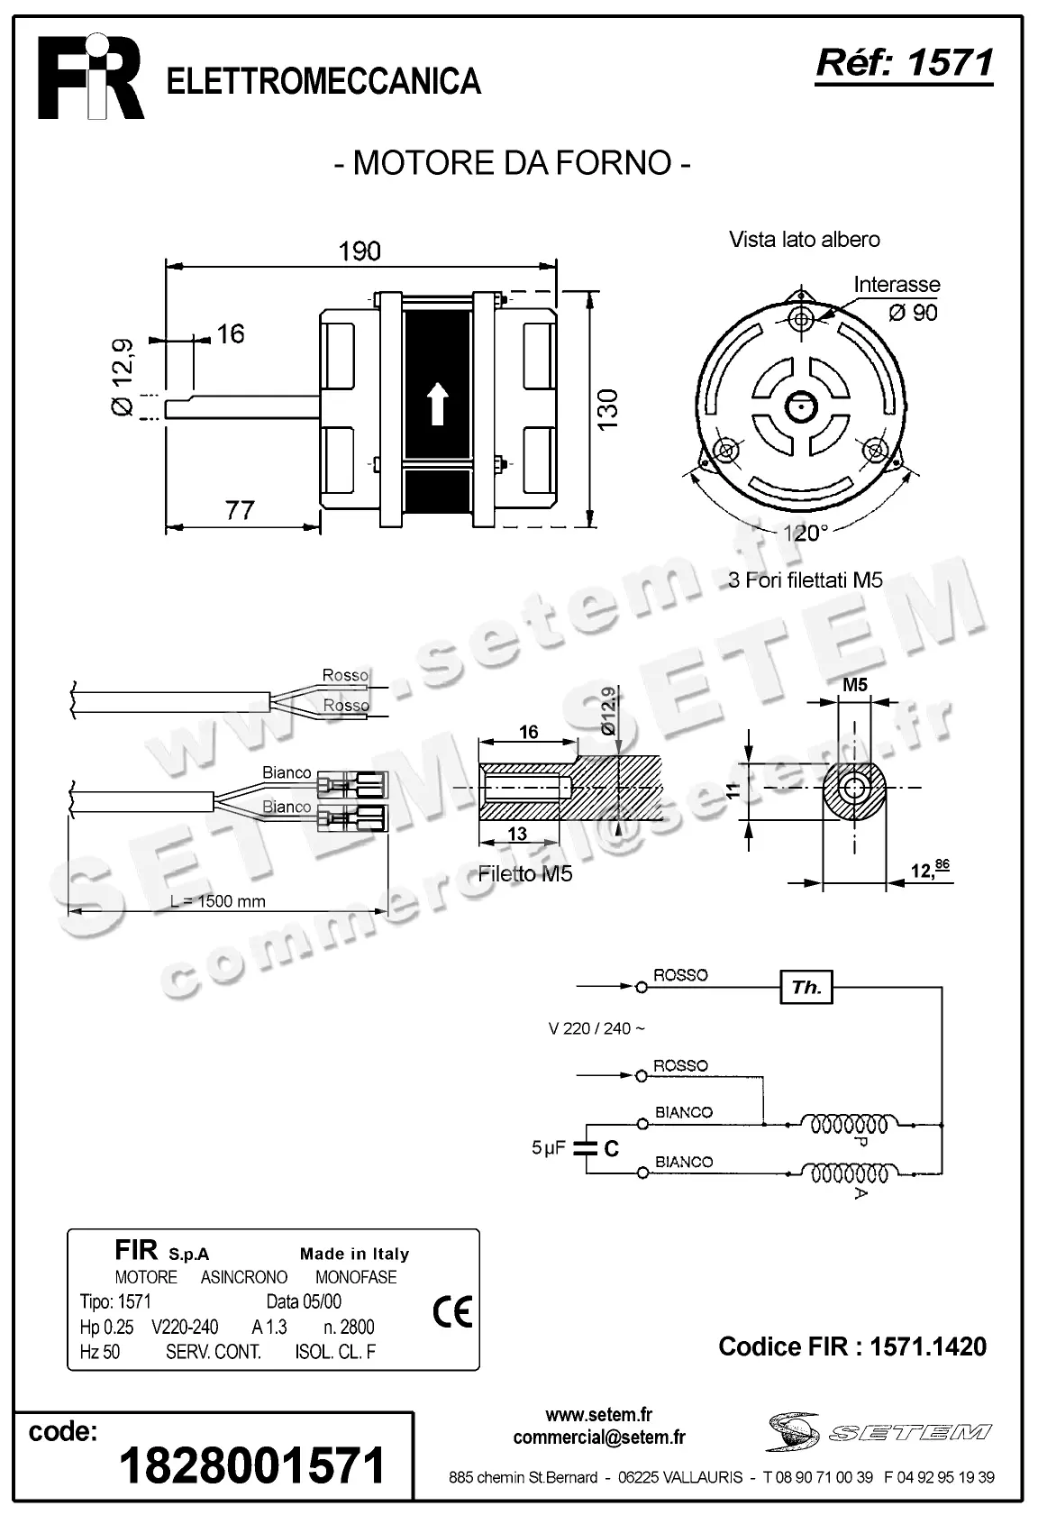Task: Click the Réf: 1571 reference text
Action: coord(904,63)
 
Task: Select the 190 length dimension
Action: coord(360,251)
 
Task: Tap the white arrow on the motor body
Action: coord(437,403)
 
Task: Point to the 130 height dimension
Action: coord(608,408)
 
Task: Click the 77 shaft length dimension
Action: coord(240,510)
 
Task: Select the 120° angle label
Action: coord(804,533)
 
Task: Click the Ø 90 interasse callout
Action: coord(912,313)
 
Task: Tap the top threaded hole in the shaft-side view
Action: coord(801,318)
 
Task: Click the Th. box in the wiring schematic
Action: coord(806,987)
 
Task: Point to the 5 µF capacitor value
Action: coord(549,1148)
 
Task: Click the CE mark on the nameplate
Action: coord(451,1312)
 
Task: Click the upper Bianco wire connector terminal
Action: coord(359,782)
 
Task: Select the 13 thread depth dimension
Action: coord(516,834)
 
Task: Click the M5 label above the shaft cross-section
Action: coord(855,685)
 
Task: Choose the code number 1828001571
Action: coord(252,1465)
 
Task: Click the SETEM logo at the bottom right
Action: coord(879,1432)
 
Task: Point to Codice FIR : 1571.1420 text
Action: coord(852,1346)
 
